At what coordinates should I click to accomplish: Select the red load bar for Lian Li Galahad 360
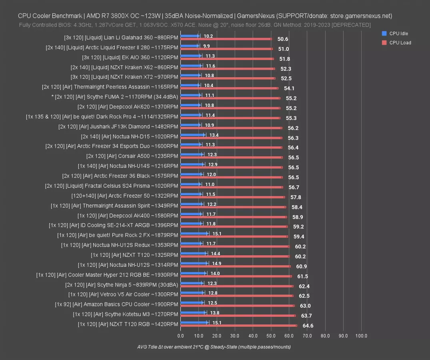226,39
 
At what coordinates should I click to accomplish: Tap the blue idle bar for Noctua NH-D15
192,135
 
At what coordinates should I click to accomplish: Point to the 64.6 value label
308,326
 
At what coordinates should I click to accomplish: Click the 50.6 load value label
282,39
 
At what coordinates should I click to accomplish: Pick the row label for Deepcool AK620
128,107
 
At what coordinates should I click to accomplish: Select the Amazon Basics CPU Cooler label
116,304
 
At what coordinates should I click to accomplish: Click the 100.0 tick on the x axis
361,336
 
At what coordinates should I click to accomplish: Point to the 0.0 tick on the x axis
180,336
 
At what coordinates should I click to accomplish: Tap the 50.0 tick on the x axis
271,336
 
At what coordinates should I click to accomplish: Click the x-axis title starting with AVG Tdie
214,347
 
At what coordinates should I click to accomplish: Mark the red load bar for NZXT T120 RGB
238,326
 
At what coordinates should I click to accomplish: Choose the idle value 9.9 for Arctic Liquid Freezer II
206,46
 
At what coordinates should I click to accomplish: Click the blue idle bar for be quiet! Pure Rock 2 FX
194,233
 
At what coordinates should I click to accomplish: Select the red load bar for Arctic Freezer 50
232,197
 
